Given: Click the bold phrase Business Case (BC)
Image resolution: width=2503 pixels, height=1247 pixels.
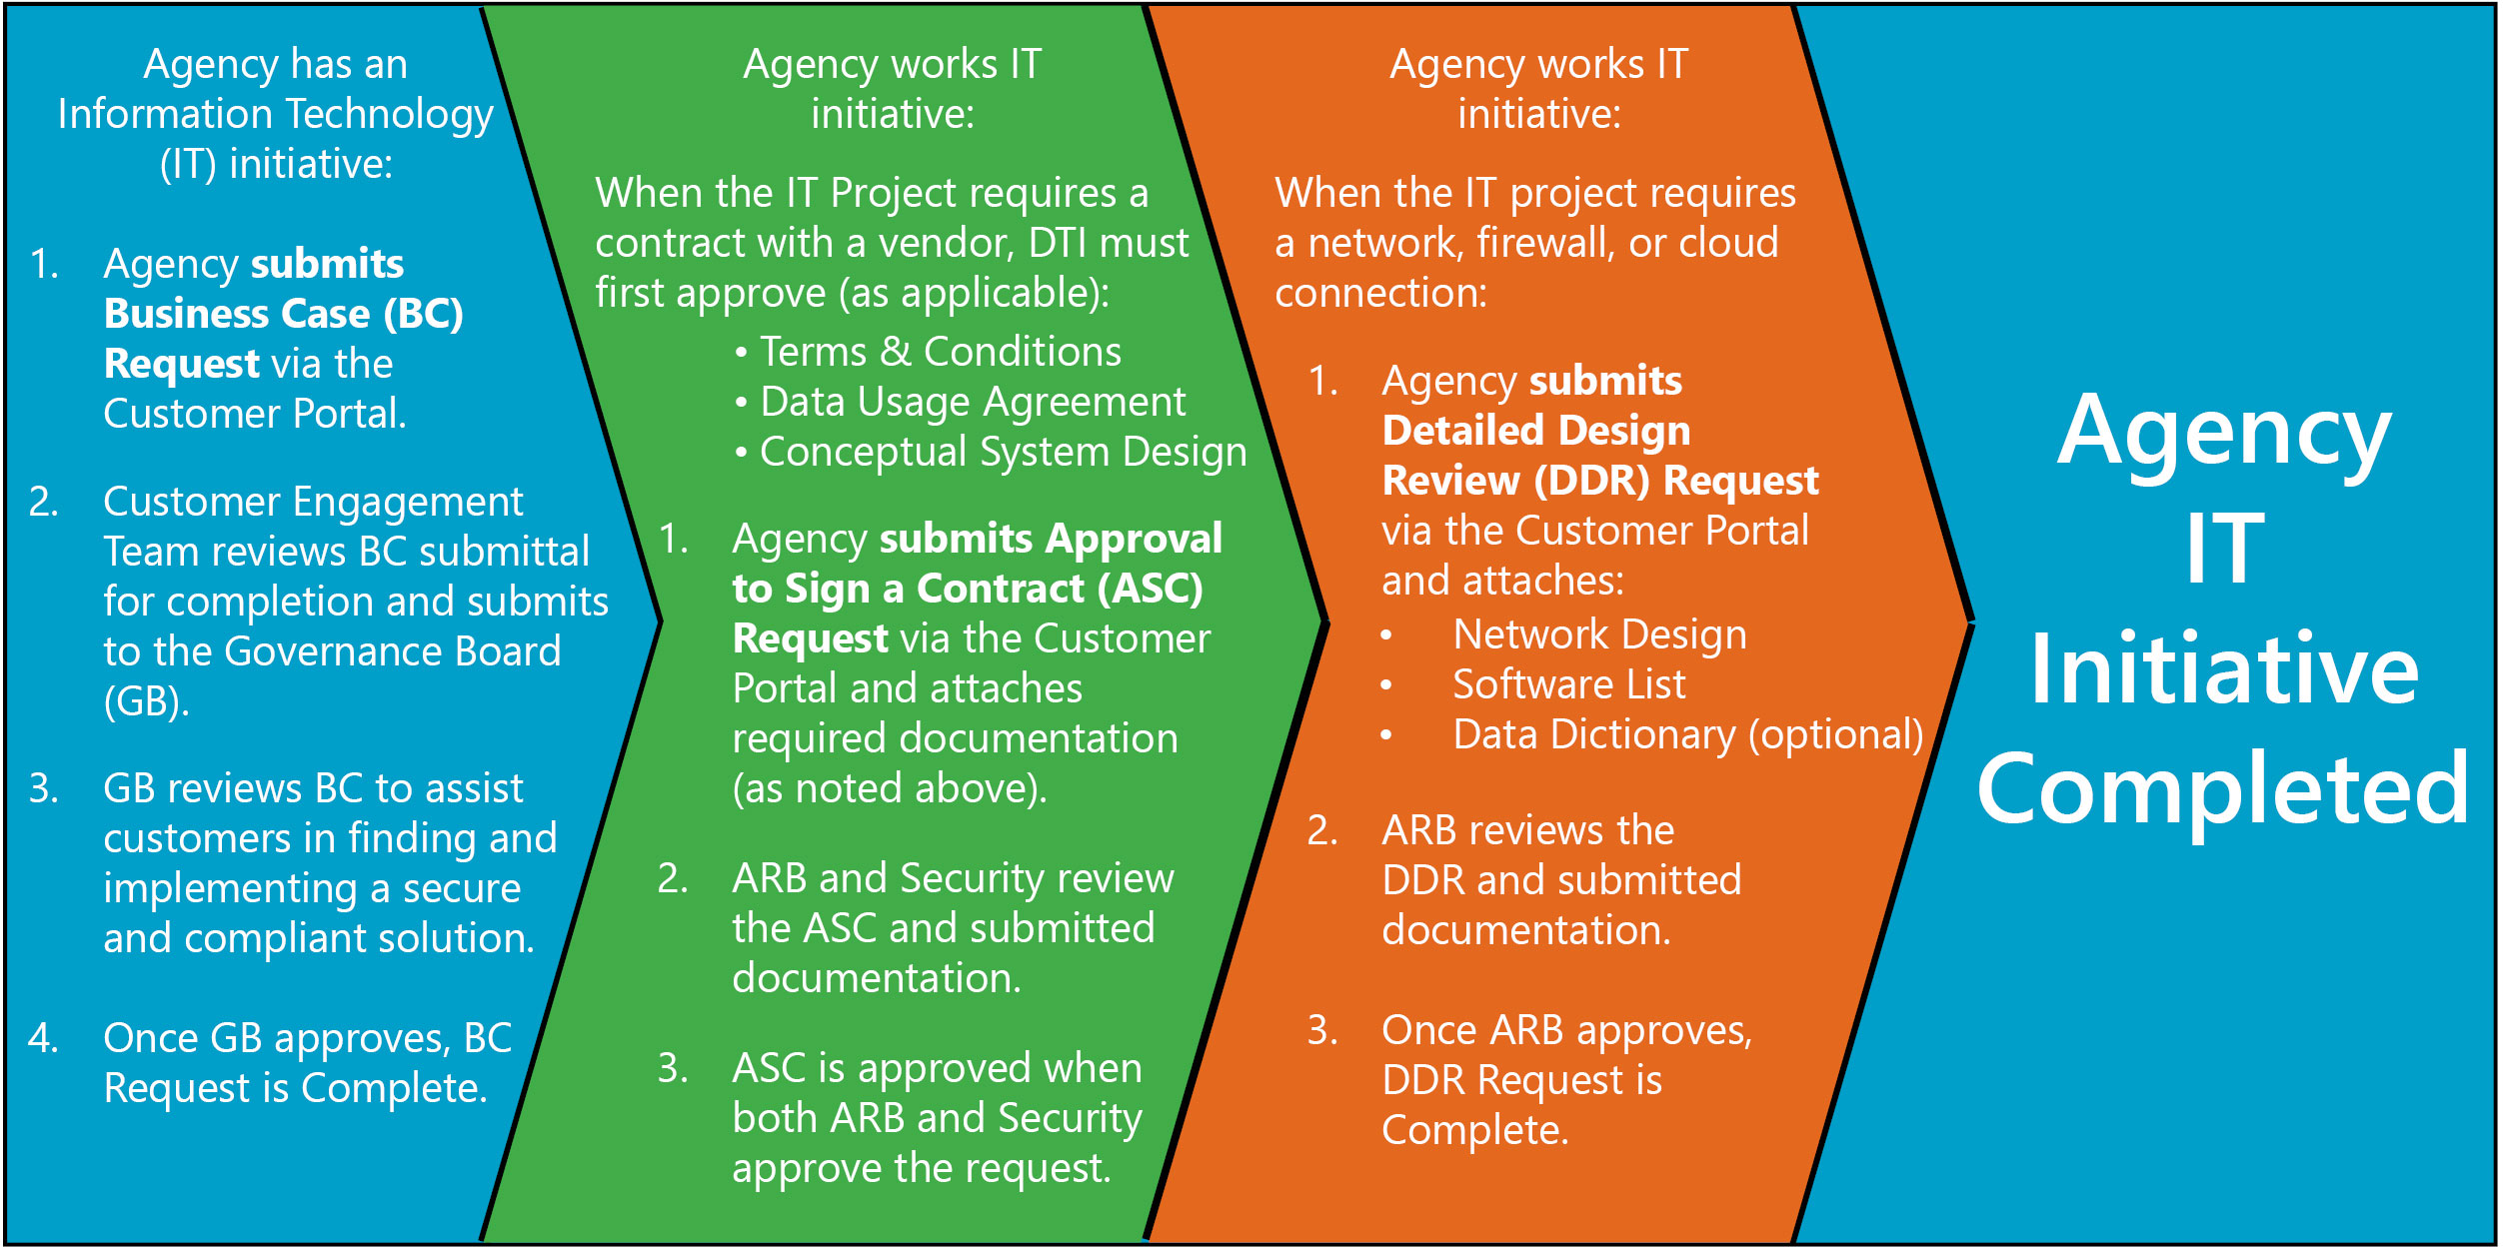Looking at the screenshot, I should click(x=284, y=314).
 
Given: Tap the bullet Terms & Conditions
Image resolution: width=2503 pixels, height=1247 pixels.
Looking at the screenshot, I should click(x=940, y=352).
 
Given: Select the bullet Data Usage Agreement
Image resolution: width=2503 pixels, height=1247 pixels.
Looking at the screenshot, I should click(x=972, y=402).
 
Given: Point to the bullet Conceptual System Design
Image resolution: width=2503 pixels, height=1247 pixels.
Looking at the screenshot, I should click(x=1003, y=452).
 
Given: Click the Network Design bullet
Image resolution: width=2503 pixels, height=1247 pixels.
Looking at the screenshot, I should click(x=1599, y=634).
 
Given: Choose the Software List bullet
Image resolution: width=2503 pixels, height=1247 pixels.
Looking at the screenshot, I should click(x=1568, y=684).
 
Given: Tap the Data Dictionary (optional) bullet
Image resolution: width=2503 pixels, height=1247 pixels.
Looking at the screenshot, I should click(x=1687, y=734).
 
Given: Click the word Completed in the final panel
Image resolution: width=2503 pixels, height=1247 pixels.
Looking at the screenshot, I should click(x=2223, y=789).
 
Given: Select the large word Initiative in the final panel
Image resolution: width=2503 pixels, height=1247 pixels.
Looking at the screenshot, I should click(x=2223, y=669).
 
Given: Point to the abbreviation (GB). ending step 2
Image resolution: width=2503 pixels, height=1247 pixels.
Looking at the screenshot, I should click(x=146, y=701).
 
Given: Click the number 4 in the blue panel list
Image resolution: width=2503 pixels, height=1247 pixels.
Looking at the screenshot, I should click(x=42, y=1039).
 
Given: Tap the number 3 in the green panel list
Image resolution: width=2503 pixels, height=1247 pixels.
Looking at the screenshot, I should click(x=672, y=1069).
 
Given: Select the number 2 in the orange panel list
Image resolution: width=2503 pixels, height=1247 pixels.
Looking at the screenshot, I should click(x=1321, y=831).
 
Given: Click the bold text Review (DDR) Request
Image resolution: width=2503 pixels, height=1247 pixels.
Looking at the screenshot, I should click(x=1599, y=482).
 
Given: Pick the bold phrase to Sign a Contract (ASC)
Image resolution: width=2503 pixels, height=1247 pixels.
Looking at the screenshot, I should click(x=967, y=589).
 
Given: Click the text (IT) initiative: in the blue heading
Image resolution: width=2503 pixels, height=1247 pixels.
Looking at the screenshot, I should click(x=276, y=164).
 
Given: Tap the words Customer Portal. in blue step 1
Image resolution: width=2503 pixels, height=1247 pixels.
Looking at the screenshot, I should click(x=255, y=414).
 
